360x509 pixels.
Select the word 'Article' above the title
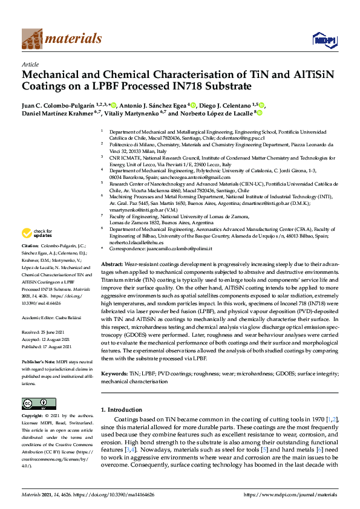pos(30,64)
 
